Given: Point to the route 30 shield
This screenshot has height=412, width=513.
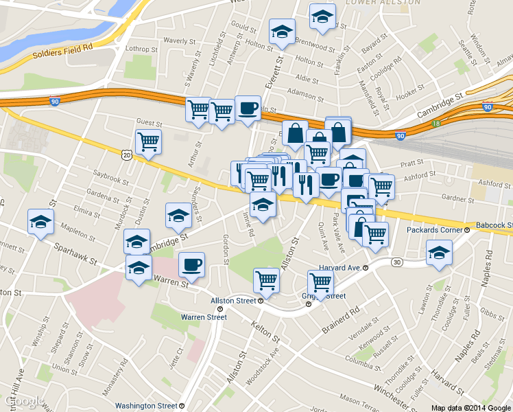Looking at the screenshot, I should tap(397, 262).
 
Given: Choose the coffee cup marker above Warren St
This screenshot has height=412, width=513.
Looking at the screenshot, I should tap(191, 265).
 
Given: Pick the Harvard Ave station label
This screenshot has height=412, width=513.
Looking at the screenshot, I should tap(342, 266).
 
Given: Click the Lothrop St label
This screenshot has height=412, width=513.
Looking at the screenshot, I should tap(141, 49).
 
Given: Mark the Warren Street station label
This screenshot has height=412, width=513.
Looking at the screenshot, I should tap(203, 317).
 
